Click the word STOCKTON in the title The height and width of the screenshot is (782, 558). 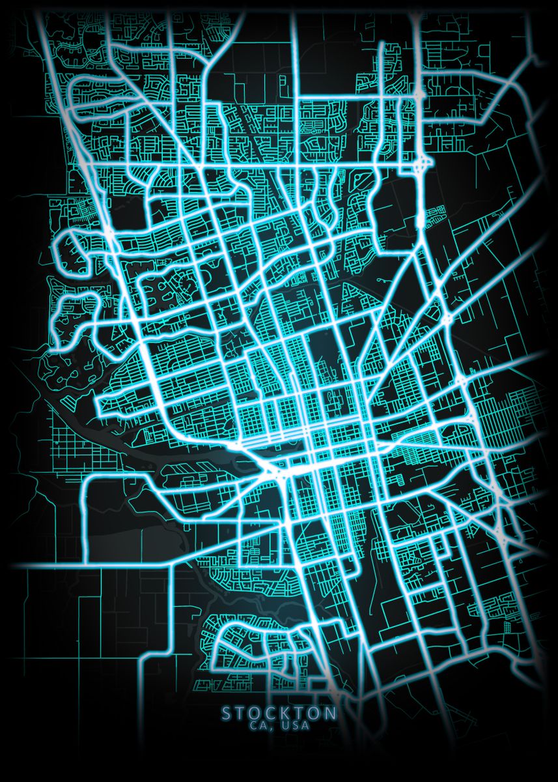[279, 714]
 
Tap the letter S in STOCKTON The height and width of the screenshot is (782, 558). [227, 714]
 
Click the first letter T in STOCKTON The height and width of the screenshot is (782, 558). [241, 714]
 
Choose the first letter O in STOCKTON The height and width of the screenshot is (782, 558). [256, 714]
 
